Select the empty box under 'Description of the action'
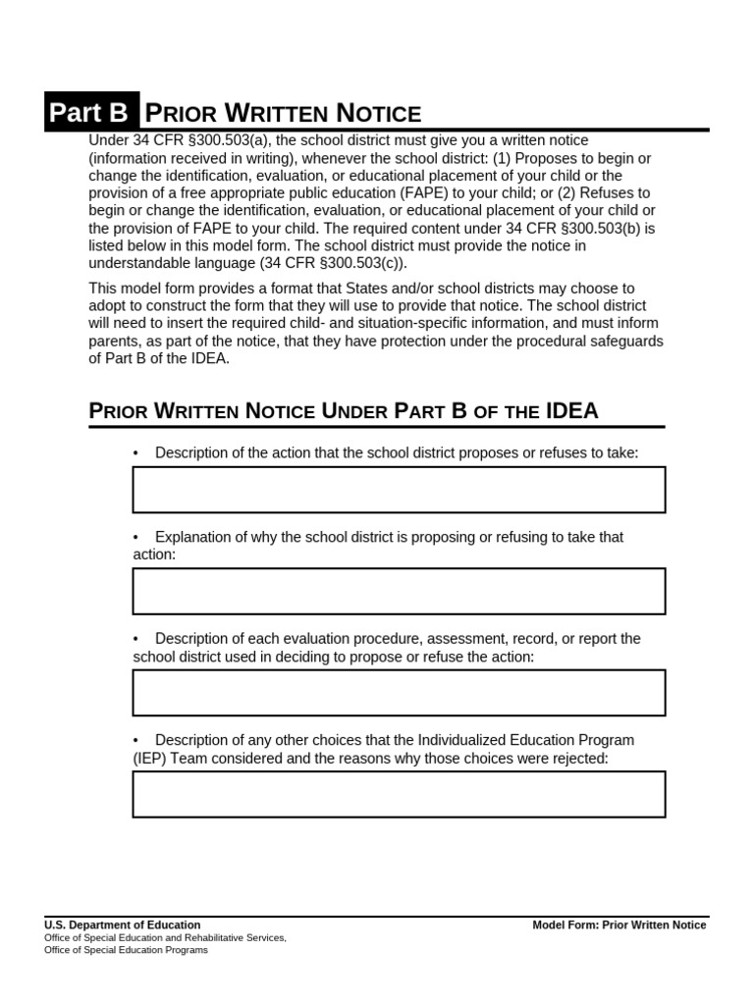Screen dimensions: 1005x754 pos(399,490)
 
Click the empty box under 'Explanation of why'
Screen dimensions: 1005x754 pos(399,591)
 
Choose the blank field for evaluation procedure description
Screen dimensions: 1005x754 pos(399,693)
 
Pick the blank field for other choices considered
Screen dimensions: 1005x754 pos(399,794)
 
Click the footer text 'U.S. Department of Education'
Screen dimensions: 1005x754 pos(123,925)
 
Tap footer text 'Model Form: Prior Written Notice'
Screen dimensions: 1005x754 pos(619,925)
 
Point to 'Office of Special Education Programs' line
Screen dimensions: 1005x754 pos(127,950)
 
